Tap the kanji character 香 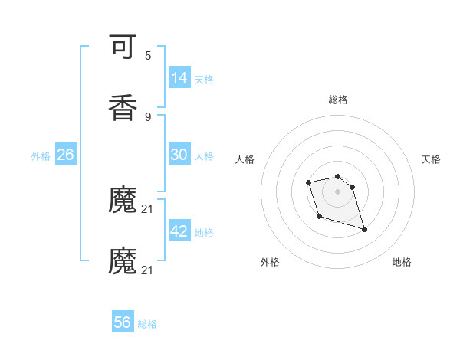(123, 108)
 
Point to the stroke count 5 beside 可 (148, 56)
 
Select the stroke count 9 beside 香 (148, 116)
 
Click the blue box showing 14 (179, 77)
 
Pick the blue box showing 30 (179, 155)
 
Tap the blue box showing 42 (179, 231)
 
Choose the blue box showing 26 (66, 155)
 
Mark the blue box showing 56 (123, 322)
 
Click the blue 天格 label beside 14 (204, 79)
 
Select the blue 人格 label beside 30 (204, 155)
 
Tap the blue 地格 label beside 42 (204, 232)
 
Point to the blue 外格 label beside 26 (41, 155)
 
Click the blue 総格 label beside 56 (147, 324)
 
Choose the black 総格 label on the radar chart (338, 100)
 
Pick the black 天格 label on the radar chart (431, 159)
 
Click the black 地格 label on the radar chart (402, 262)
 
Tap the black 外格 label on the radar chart (270, 262)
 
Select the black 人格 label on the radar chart (245, 159)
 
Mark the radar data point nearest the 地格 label (364, 229)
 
